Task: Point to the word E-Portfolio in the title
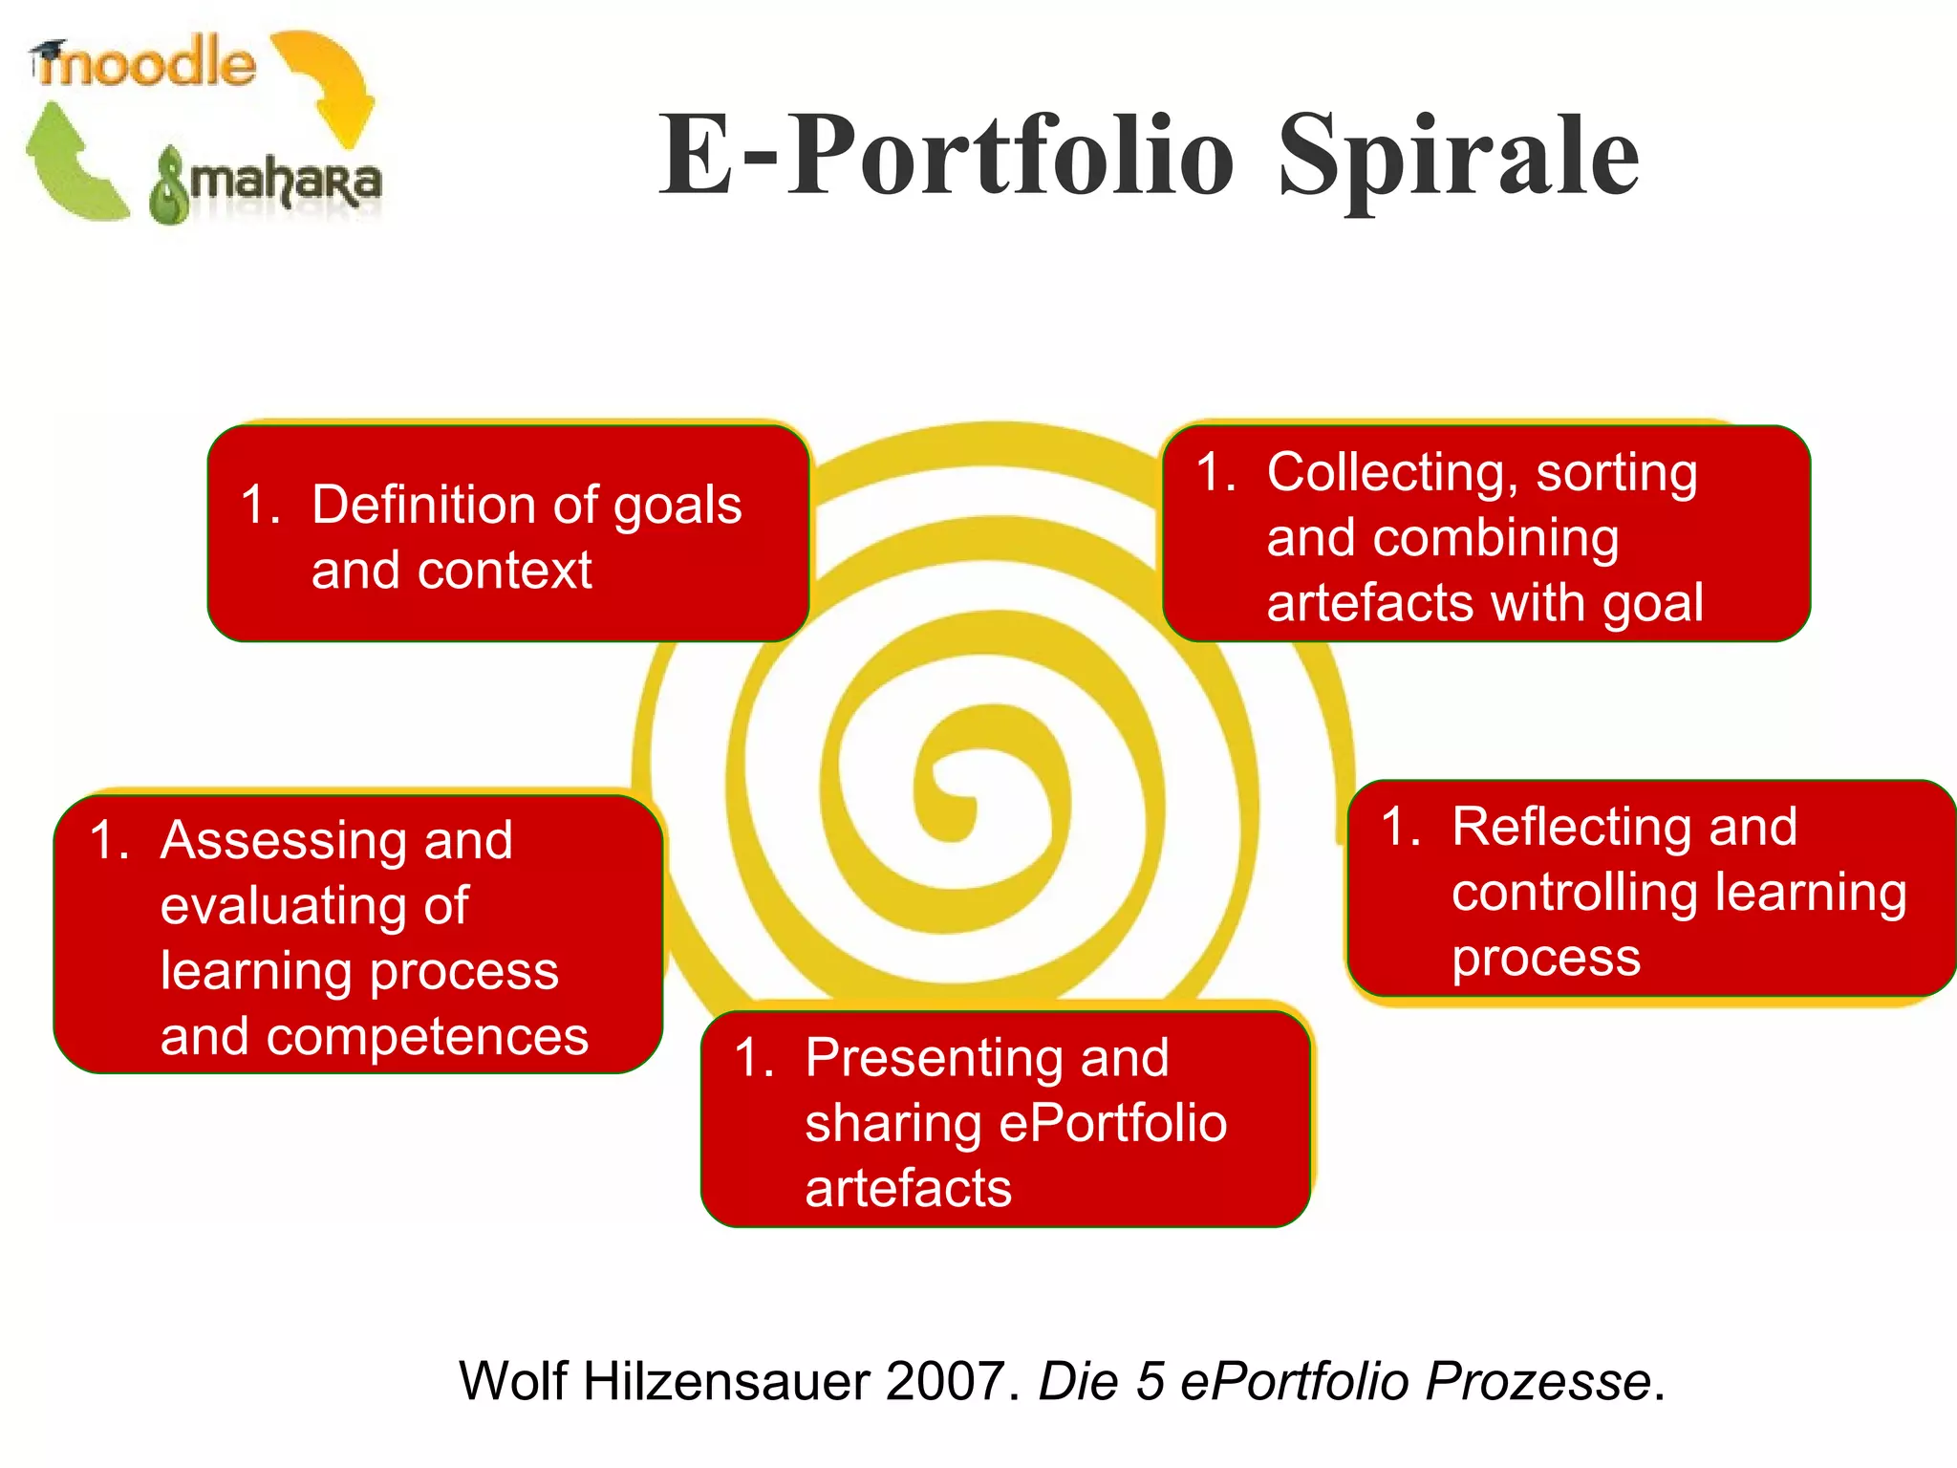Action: coord(946,156)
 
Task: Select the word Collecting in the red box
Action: coord(1387,472)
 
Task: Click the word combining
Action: coord(1495,537)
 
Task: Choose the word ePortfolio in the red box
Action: coord(1112,1123)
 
